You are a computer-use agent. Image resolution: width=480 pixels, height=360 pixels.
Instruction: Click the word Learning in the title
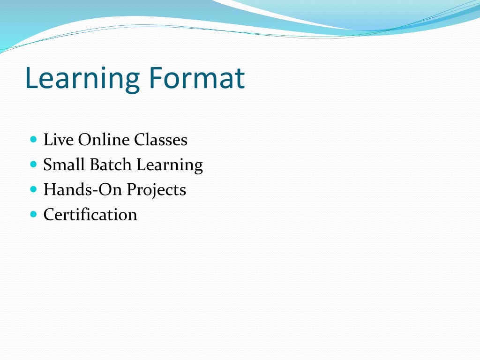coord(82,79)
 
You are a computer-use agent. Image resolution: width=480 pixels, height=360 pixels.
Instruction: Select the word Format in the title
coord(197,78)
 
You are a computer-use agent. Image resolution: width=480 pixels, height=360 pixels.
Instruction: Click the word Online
coord(104,140)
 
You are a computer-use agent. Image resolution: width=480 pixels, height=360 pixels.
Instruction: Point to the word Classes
coord(161,140)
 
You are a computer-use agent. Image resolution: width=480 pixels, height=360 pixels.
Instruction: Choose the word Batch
coord(111,165)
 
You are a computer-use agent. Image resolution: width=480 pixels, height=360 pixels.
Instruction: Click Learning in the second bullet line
coord(170,165)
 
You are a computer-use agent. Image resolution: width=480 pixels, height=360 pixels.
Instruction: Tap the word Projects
coord(157,191)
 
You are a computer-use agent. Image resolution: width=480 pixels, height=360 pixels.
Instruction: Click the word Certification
coord(90,214)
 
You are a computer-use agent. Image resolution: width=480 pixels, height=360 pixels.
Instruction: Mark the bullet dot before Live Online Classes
coord(34,140)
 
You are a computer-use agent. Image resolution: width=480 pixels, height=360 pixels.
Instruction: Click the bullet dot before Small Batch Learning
coord(34,165)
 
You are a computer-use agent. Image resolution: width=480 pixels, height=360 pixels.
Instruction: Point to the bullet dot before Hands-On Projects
coord(34,189)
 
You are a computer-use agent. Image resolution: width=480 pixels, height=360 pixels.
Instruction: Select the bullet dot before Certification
coord(34,214)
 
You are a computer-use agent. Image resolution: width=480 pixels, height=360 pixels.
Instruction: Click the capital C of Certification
coord(50,214)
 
